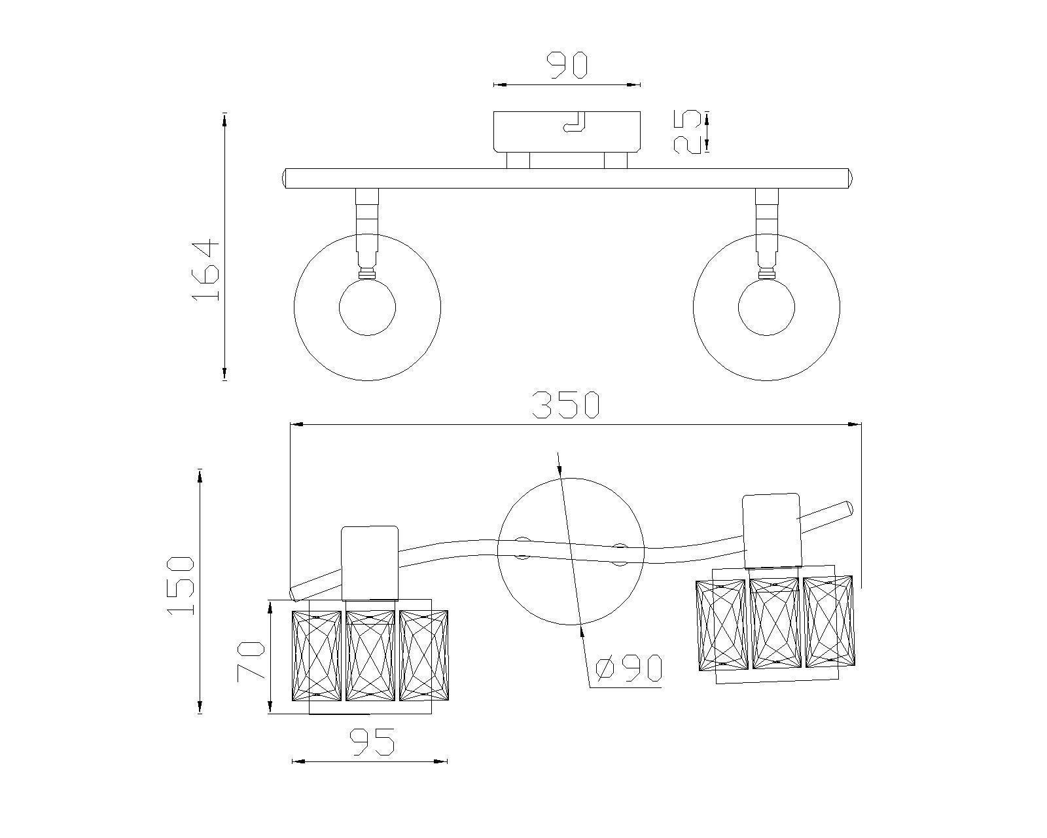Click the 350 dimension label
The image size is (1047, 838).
565,405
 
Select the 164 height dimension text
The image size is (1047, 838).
205,270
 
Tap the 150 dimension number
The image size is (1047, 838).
181,585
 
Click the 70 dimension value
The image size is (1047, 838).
251,662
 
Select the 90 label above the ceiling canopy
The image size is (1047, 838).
567,66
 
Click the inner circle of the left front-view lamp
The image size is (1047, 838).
367,307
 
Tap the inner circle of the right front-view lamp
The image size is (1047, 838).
766,307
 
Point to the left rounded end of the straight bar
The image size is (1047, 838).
285,179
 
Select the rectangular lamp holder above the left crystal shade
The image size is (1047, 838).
370,562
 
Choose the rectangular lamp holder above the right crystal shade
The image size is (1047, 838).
772,530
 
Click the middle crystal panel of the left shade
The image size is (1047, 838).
370,655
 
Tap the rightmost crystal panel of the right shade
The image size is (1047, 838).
828,621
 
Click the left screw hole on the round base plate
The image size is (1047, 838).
522,549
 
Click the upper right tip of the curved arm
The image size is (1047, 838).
848,507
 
